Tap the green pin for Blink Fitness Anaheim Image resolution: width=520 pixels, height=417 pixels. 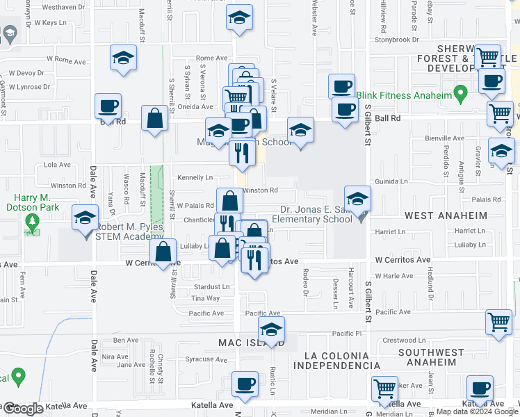click(x=460, y=92)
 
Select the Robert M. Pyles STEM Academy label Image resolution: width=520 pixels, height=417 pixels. click(x=120, y=231)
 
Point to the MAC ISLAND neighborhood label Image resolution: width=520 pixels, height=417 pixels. click(x=250, y=343)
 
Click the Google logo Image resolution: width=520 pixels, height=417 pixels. click(x=22, y=409)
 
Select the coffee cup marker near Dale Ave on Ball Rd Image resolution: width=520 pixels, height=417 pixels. click(x=108, y=106)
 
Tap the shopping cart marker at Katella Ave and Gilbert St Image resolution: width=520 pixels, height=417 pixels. click(x=384, y=389)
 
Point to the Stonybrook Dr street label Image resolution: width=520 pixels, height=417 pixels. click(x=394, y=40)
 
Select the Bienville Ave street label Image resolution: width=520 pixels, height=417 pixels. click(x=444, y=138)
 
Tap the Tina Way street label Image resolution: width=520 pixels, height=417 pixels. click(x=205, y=298)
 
